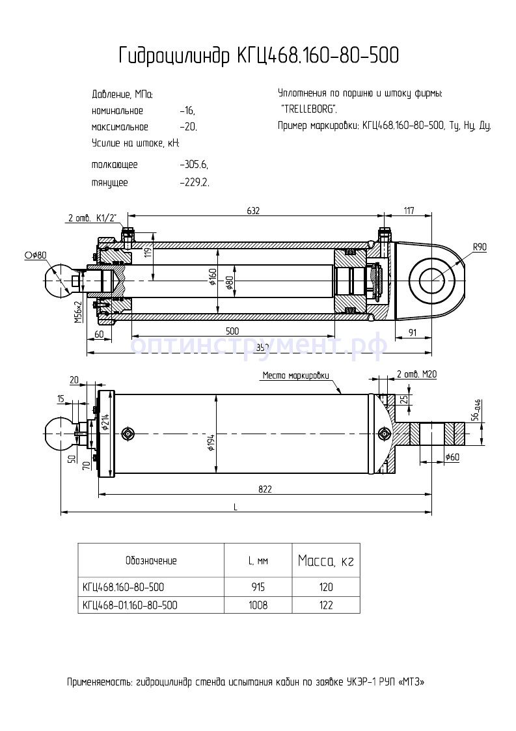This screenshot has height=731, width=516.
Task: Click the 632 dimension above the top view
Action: click(x=253, y=210)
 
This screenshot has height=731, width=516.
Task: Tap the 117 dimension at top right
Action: click(x=409, y=210)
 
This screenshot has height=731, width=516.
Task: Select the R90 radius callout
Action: click(x=480, y=247)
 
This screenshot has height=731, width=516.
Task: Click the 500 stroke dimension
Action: click(x=232, y=331)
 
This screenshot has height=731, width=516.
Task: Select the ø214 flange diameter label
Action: click(x=104, y=424)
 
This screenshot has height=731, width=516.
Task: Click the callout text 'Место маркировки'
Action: click(x=296, y=376)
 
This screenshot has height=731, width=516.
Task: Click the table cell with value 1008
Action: click(x=258, y=605)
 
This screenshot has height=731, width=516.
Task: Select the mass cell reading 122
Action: click(x=326, y=605)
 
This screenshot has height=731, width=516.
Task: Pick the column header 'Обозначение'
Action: click(x=150, y=560)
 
